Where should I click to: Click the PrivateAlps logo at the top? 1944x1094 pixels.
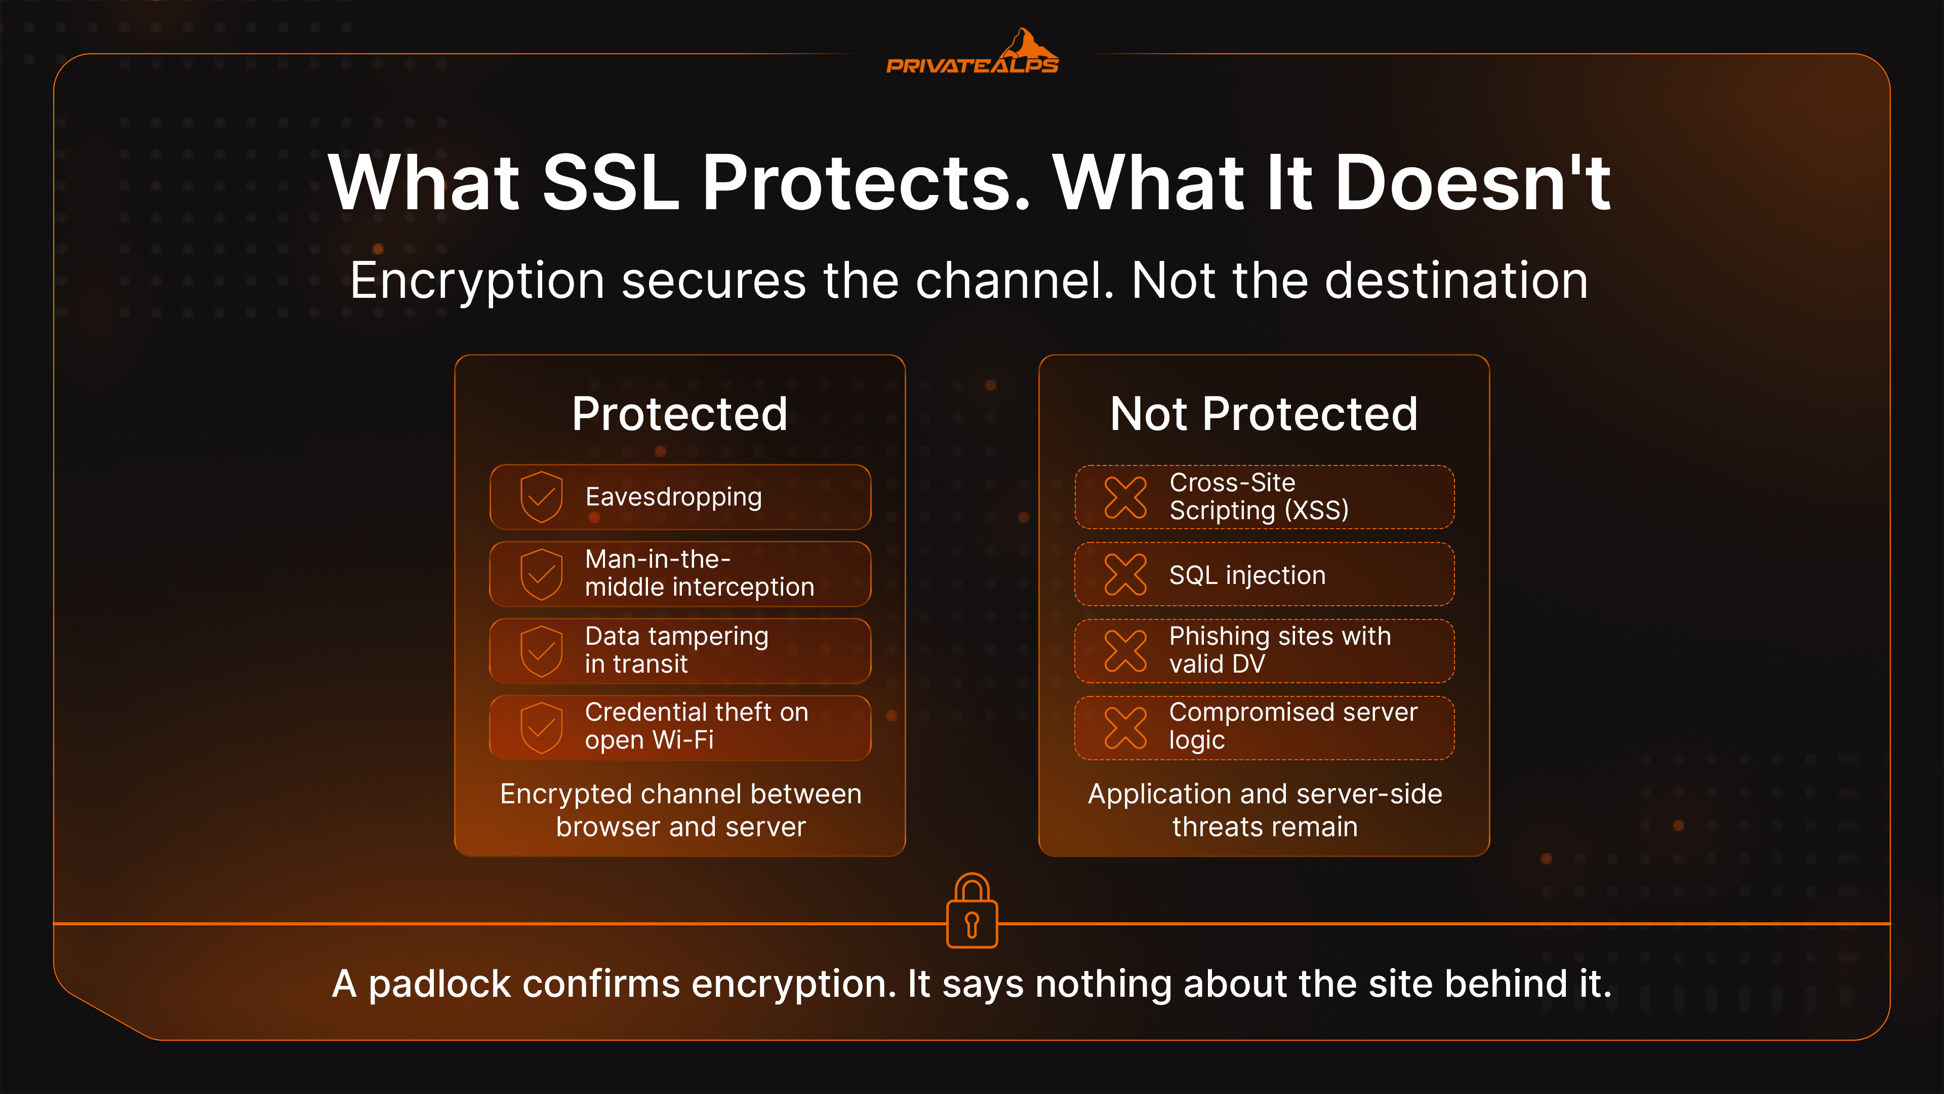pyautogui.click(x=972, y=52)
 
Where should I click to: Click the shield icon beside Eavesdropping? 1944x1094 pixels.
pyautogui.click(x=542, y=497)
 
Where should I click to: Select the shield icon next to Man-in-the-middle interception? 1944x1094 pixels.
pyautogui.click(x=542, y=574)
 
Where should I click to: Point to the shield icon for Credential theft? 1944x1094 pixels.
pyautogui.click(x=542, y=728)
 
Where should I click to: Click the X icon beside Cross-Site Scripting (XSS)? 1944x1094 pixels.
pyautogui.click(x=1125, y=497)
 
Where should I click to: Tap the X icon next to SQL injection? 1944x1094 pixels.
pyautogui.click(x=1125, y=574)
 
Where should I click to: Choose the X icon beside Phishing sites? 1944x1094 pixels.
pyautogui.click(x=1125, y=651)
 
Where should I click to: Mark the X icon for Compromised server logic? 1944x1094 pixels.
pyautogui.click(x=1125, y=728)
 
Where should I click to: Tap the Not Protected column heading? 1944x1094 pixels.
pyautogui.click(x=1264, y=414)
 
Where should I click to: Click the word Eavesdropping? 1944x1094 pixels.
pyautogui.click(x=674, y=497)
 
